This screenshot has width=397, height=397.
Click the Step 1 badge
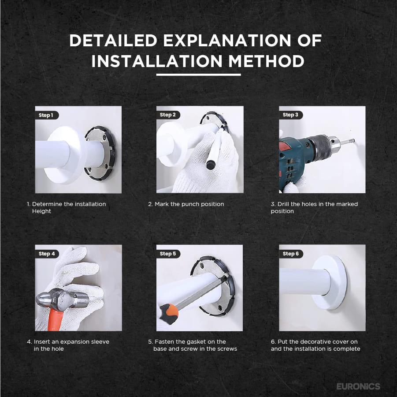pos(47,115)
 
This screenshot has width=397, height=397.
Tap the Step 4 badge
pos(47,254)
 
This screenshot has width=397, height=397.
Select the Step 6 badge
pos(291,254)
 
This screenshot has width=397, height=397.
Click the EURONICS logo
pos(358,386)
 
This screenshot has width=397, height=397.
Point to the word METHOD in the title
pos(266,61)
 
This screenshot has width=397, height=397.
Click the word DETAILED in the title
pos(113,40)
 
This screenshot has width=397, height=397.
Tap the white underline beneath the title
pos(198,75)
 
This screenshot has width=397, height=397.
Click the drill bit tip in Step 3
pos(353,140)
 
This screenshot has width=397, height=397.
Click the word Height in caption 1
pos(41,211)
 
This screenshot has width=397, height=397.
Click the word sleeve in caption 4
pos(100,342)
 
